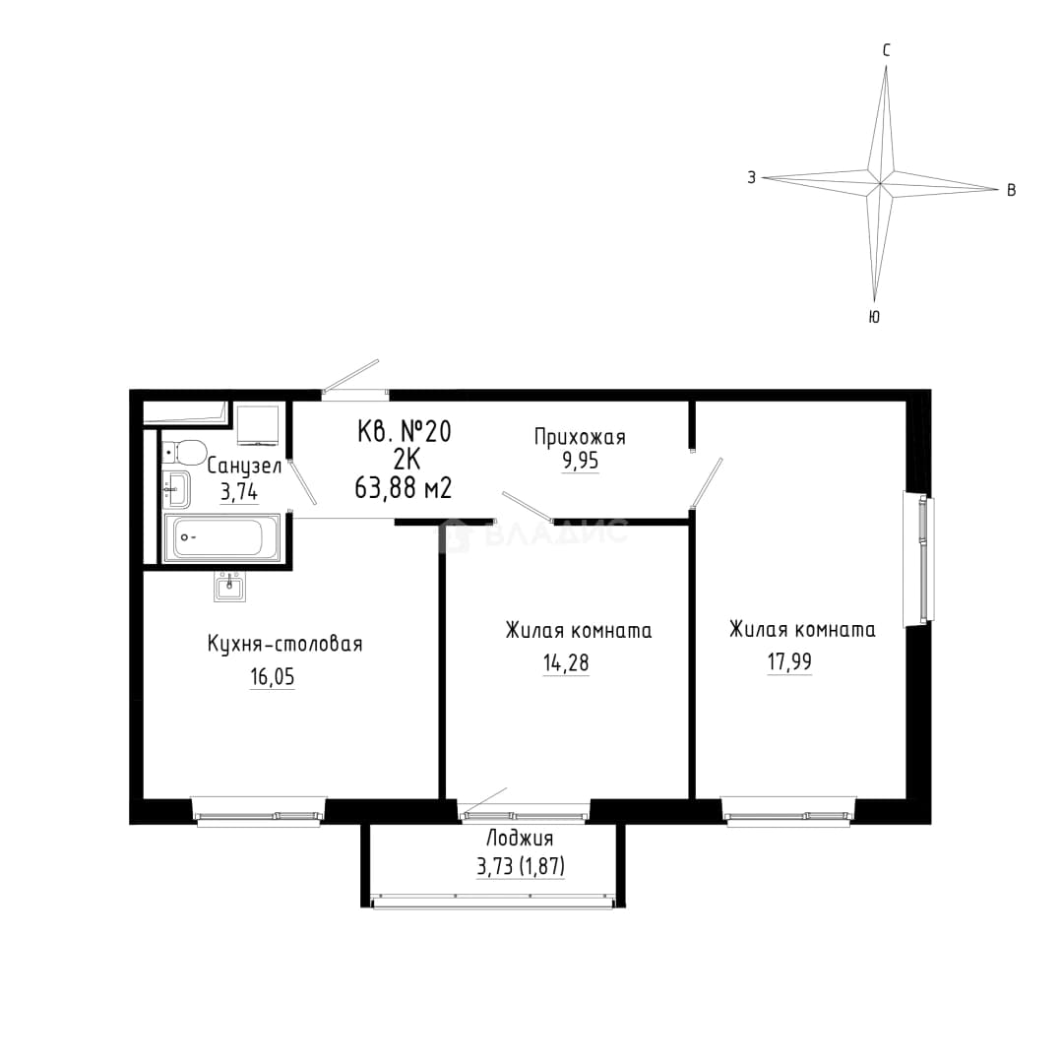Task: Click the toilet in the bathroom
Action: (184, 452)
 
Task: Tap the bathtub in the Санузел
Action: (221, 538)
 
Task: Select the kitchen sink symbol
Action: (230, 587)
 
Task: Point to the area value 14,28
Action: (566, 662)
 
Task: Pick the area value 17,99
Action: (789, 661)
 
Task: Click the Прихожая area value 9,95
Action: (581, 461)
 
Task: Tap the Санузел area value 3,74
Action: (239, 491)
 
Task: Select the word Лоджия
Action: (520, 840)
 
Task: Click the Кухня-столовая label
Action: (284, 644)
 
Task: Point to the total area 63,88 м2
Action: (403, 487)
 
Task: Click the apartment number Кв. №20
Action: (405, 431)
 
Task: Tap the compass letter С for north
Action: (886, 50)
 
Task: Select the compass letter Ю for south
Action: (875, 317)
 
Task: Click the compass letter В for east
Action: (1011, 190)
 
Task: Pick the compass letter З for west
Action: (751, 177)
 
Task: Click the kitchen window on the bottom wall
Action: (258, 811)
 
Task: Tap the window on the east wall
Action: (918, 559)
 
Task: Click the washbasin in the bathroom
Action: (175, 489)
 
